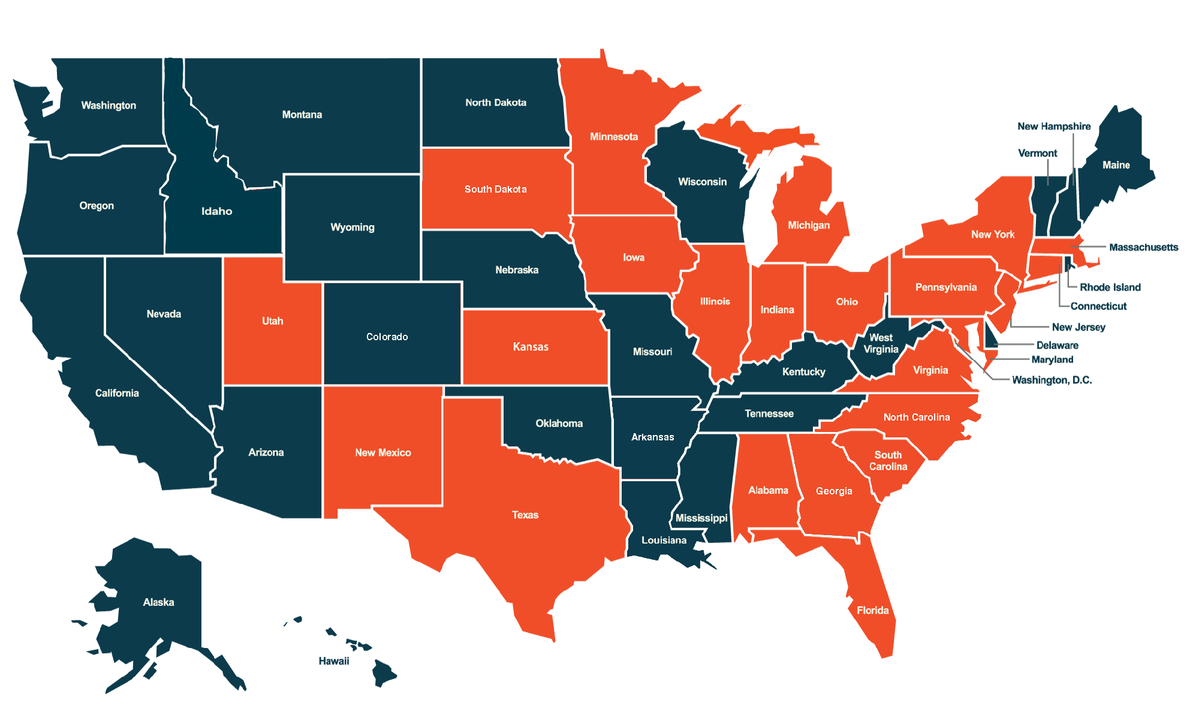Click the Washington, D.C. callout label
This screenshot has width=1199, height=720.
coord(1052,380)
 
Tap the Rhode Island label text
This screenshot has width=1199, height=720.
coord(1110,287)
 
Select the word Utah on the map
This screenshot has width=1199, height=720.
coord(272,321)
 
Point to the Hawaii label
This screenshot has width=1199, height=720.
coord(333,661)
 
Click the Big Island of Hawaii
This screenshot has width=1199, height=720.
coord(383,673)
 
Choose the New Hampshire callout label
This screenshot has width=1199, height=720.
coord(1053,127)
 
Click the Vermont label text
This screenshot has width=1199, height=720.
coord(1037,154)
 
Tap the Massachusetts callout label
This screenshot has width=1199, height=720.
coord(1143,247)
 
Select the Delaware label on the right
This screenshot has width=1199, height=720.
coord(1057,346)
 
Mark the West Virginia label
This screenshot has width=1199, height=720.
coord(881,344)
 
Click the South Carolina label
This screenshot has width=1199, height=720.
coord(888,461)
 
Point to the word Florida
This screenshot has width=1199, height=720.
coord(872,611)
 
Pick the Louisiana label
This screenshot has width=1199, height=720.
coord(664,541)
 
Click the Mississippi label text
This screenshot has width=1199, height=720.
coord(701,518)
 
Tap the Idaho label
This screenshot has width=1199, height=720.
coord(216,211)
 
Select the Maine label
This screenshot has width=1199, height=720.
coord(1116,165)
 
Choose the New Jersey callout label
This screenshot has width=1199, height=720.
coord(1078,327)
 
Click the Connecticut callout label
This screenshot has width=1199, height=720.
coord(1098,307)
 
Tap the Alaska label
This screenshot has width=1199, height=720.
coord(158,602)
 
